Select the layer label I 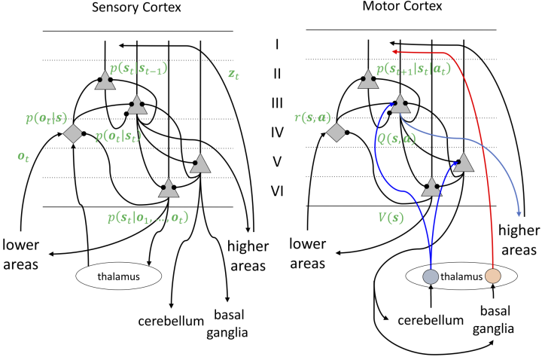[x=276, y=44]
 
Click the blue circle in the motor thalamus [x=431, y=276]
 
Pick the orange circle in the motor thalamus [x=493, y=276]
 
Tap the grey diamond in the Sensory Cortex [x=73, y=134]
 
